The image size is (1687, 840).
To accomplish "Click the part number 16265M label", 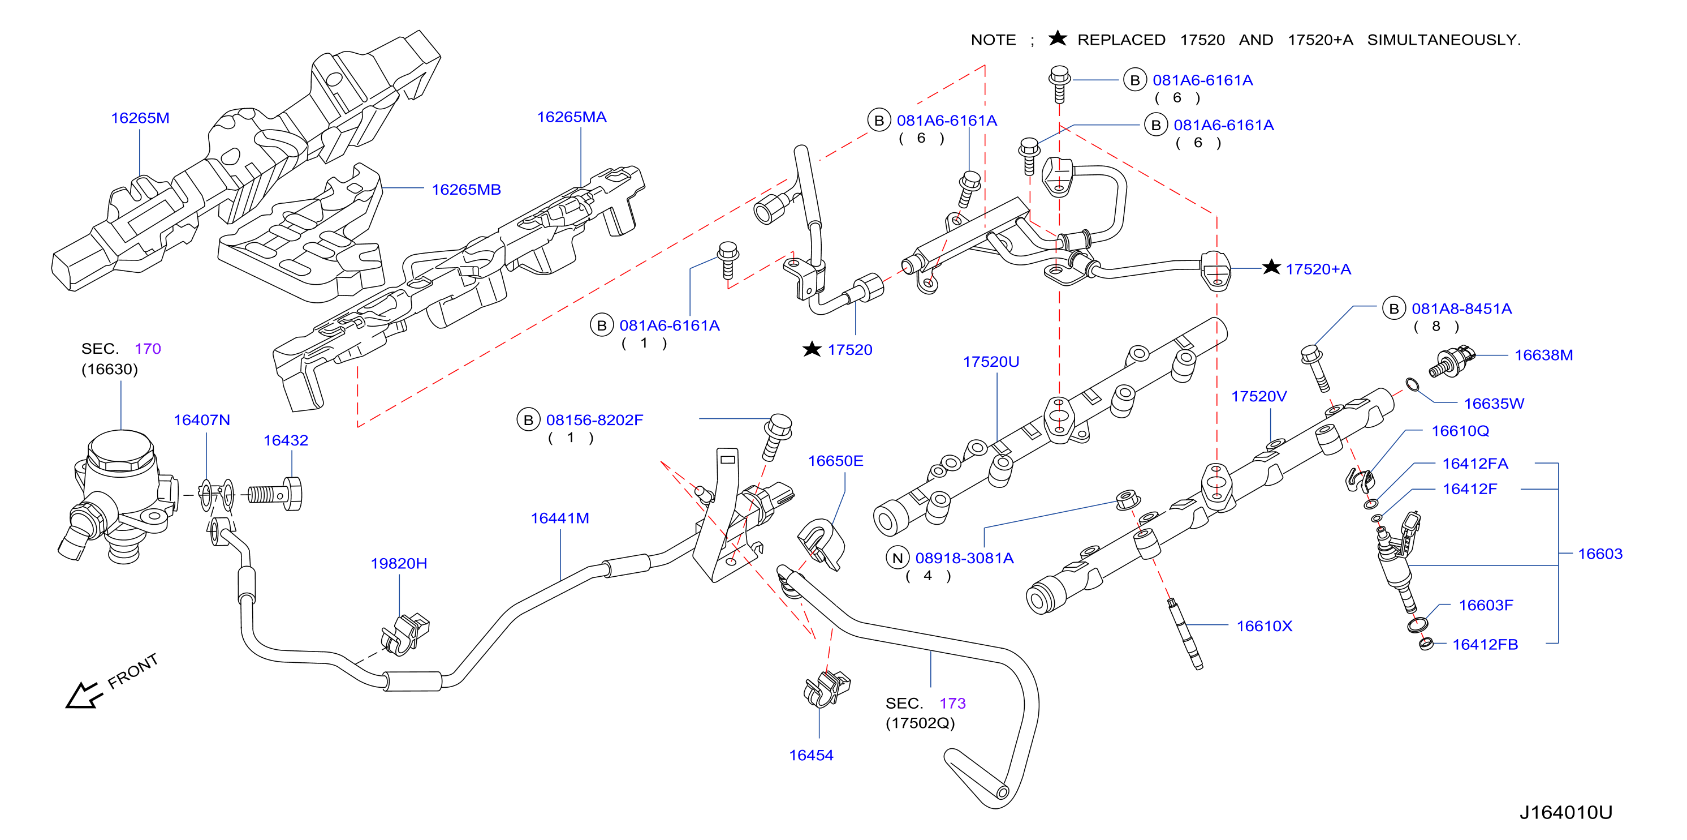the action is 140,118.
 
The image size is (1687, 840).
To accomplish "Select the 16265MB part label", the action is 466,190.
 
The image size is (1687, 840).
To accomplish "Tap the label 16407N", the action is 202,420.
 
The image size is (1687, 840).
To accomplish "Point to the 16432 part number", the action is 286,440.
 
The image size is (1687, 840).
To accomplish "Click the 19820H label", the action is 399,564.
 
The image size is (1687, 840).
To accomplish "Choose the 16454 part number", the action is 811,756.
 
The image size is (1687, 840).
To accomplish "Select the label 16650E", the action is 836,461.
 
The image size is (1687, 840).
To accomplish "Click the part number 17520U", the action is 991,362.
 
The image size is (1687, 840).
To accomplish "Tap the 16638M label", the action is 1543,355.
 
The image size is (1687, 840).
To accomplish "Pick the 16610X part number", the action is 1264,627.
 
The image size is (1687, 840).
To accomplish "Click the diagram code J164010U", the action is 1566,812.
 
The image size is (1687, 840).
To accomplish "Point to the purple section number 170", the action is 148,349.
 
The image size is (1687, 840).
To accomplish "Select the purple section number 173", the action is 952,704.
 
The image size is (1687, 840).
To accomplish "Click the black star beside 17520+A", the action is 1271,267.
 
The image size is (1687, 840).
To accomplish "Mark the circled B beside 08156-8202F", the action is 529,420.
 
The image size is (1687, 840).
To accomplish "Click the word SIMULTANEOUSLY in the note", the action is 1443,40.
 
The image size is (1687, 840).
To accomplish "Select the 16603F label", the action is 1486,606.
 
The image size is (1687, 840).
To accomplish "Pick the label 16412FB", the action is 1485,645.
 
